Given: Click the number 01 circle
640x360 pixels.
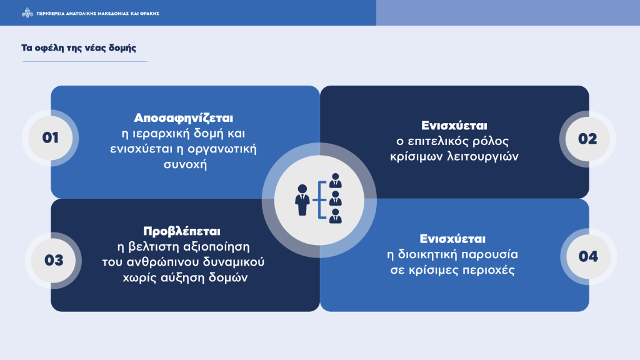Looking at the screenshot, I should point(50,137).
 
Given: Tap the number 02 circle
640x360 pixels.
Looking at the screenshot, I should point(587,139).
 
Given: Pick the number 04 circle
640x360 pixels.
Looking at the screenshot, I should point(588,256).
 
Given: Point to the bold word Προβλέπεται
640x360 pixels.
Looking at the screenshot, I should point(185,231).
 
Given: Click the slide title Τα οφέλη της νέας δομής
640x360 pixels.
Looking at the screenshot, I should point(79,48).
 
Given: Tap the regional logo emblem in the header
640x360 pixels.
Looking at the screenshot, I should point(27,12).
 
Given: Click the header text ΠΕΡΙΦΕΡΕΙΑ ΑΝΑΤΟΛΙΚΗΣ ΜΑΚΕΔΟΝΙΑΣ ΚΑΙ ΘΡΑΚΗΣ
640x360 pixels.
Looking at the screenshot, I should point(98,12).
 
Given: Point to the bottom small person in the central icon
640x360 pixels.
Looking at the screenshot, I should point(336,216).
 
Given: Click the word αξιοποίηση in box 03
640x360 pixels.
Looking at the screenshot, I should point(221,246).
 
